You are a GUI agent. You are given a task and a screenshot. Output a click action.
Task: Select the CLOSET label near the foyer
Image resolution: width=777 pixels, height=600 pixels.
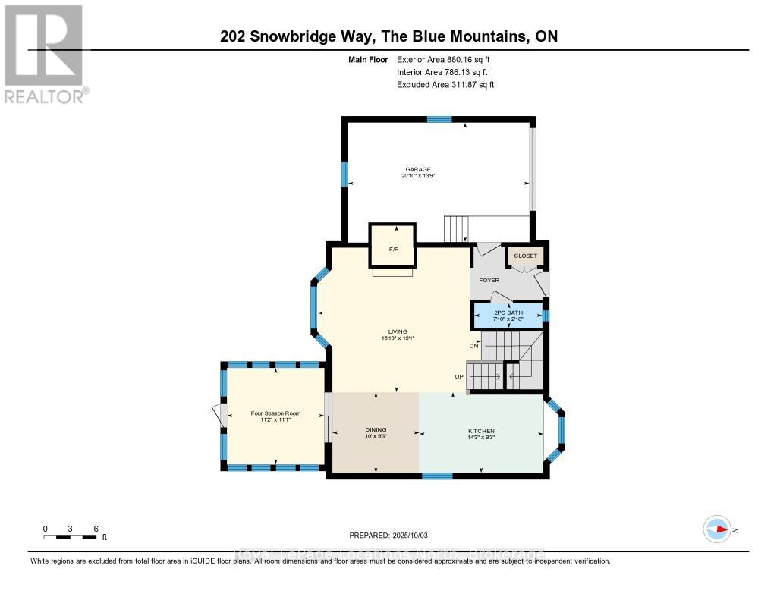coord(525,256)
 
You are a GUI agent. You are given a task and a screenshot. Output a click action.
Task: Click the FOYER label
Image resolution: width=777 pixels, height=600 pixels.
coord(489,281)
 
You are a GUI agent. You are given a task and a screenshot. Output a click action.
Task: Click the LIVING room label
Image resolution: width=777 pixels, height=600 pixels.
coord(398,331)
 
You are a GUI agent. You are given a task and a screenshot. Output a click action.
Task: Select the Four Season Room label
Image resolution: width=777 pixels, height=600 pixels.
coord(275,413)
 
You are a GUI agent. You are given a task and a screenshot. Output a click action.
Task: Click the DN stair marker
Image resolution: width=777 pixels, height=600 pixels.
coord(474,346)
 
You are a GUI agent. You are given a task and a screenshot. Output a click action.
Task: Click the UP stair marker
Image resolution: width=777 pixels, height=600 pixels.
coord(459,377)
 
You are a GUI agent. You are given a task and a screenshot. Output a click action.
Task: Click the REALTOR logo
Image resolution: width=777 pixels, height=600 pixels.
coord(45,53)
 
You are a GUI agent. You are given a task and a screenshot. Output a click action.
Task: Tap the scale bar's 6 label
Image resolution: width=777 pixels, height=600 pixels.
coord(95,528)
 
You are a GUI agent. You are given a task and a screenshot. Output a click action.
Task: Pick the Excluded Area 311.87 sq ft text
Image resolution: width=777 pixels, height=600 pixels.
coord(445,85)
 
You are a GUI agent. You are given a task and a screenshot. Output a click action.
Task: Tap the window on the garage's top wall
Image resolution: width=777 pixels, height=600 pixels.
coord(439,119)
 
